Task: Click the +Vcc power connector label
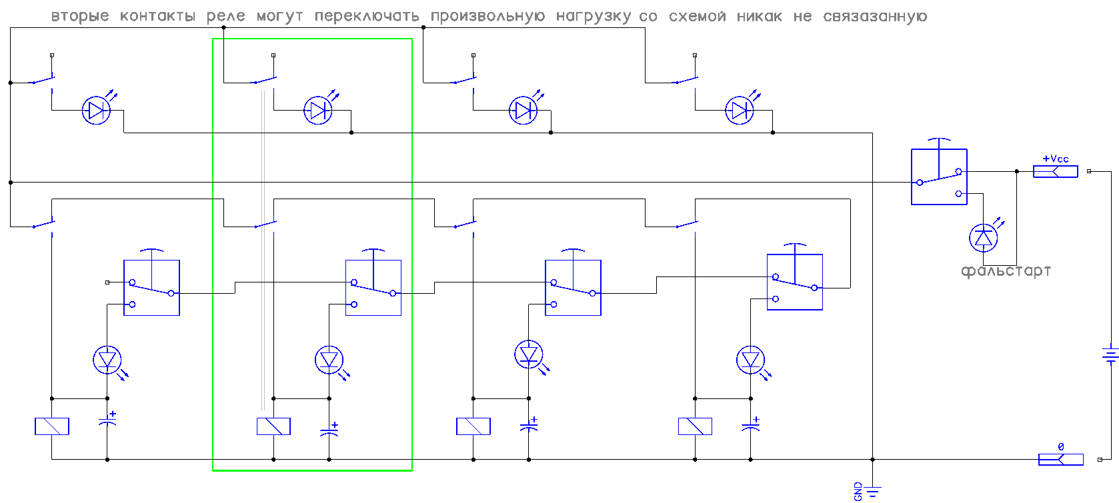[1055, 159]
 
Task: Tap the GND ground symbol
[872, 492]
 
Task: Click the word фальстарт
[1006, 271]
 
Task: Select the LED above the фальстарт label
[983, 237]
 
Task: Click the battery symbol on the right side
[1110, 354]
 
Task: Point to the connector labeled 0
[1060, 458]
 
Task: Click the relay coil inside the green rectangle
[273, 426]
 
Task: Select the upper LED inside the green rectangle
[318, 110]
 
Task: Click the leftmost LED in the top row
[96, 110]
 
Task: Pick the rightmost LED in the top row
[740, 110]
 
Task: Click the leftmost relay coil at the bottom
[52, 426]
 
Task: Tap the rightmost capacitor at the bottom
[751, 425]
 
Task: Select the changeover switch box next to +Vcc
[939, 177]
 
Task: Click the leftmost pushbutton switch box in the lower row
[151, 287]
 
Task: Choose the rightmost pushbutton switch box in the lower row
[794, 282]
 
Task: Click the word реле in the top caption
[225, 17]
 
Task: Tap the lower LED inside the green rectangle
[329, 360]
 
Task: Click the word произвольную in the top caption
[487, 17]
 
